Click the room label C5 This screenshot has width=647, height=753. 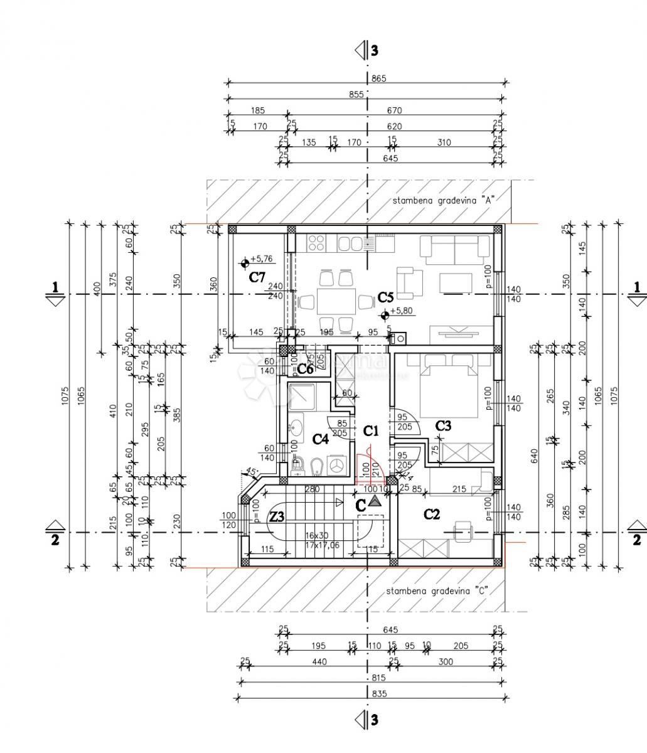385,297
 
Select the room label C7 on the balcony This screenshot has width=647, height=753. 257,277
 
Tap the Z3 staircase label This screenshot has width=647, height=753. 277,516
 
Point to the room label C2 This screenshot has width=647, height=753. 432,515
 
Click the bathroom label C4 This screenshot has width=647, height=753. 320,439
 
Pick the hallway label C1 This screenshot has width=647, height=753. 372,430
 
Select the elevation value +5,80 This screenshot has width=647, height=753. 402,311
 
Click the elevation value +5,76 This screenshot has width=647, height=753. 261,259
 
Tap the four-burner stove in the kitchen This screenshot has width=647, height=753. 316,242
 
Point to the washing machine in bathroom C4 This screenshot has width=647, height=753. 337,465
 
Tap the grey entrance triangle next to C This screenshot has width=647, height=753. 375,501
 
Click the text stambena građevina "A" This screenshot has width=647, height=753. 444,201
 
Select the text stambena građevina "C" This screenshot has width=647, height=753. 437,590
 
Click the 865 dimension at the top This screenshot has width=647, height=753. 379,78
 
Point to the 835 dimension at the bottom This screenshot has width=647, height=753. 378,693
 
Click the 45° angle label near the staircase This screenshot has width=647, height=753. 252,472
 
